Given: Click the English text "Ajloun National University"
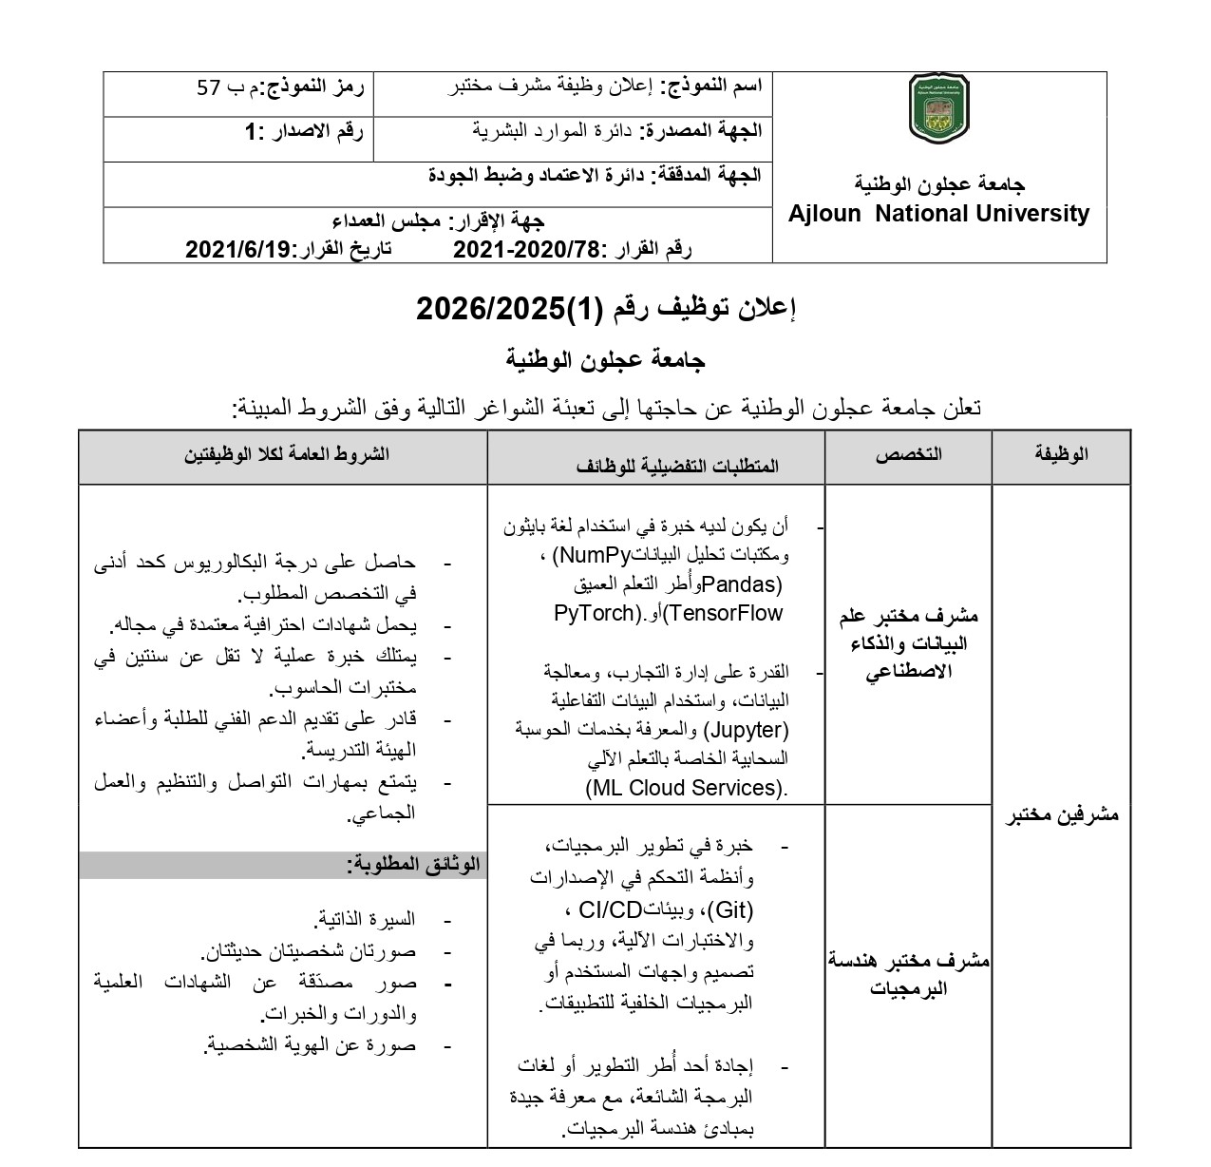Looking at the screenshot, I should (938, 214).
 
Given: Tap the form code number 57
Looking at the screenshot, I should (209, 88).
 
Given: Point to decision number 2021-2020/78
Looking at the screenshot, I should (527, 250).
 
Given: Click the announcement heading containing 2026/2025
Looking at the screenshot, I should (606, 309).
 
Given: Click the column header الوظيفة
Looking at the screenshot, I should (1061, 454).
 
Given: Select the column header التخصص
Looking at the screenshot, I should (908, 454).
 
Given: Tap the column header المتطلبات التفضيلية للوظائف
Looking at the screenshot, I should (677, 465).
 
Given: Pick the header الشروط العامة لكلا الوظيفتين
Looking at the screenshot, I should (286, 454).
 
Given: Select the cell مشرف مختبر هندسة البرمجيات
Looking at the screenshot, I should (909, 974).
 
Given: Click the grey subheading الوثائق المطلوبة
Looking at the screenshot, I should (414, 864).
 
